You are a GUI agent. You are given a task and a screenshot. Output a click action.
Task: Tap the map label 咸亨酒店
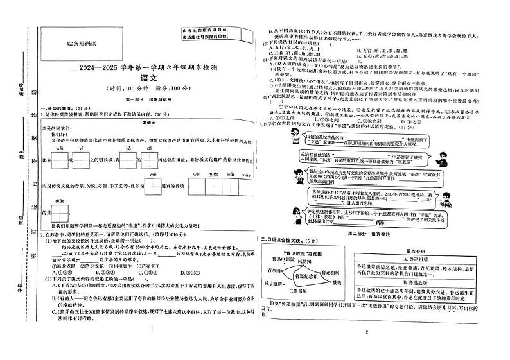277,283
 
